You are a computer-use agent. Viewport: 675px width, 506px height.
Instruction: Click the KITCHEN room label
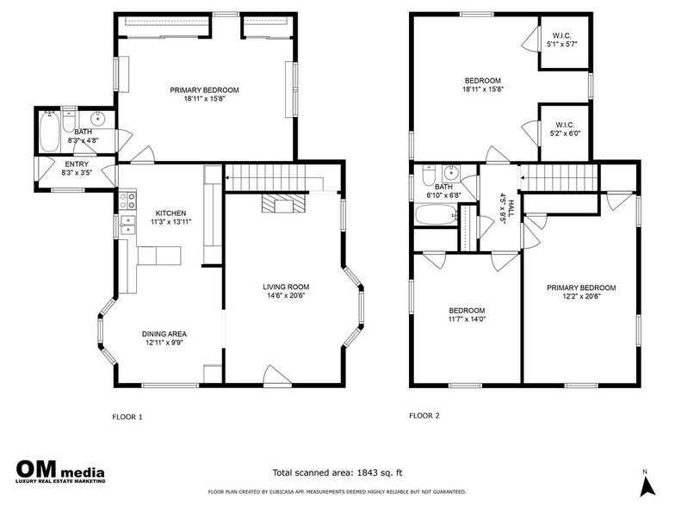(x=170, y=213)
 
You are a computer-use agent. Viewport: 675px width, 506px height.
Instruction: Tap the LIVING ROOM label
(x=286, y=287)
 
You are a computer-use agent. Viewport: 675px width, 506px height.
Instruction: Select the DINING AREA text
(x=164, y=334)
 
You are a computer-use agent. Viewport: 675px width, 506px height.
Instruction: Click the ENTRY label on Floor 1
(x=77, y=164)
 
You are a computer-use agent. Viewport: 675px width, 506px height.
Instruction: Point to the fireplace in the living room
(x=284, y=203)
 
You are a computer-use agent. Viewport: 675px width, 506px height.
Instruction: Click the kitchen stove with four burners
(x=127, y=199)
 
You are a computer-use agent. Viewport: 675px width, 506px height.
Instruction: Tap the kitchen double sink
(x=127, y=225)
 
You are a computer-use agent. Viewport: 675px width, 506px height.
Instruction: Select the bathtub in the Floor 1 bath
(x=49, y=131)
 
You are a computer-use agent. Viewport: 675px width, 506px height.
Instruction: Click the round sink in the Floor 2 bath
(x=451, y=174)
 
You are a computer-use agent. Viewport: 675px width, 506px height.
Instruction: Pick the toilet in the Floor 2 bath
(x=429, y=176)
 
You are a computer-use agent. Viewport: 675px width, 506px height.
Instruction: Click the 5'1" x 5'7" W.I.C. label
(x=561, y=40)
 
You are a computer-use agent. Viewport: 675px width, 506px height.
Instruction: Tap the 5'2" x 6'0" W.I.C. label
(x=565, y=129)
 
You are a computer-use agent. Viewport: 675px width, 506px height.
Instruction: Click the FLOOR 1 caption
(x=127, y=417)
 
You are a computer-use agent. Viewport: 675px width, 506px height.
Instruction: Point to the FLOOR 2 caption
(x=424, y=416)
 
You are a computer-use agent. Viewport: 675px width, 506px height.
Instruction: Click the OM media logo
(x=60, y=472)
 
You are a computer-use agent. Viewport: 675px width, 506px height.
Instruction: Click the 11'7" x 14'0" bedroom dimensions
(x=467, y=319)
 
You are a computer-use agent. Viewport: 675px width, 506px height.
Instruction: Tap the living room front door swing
(x=277, y=375)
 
